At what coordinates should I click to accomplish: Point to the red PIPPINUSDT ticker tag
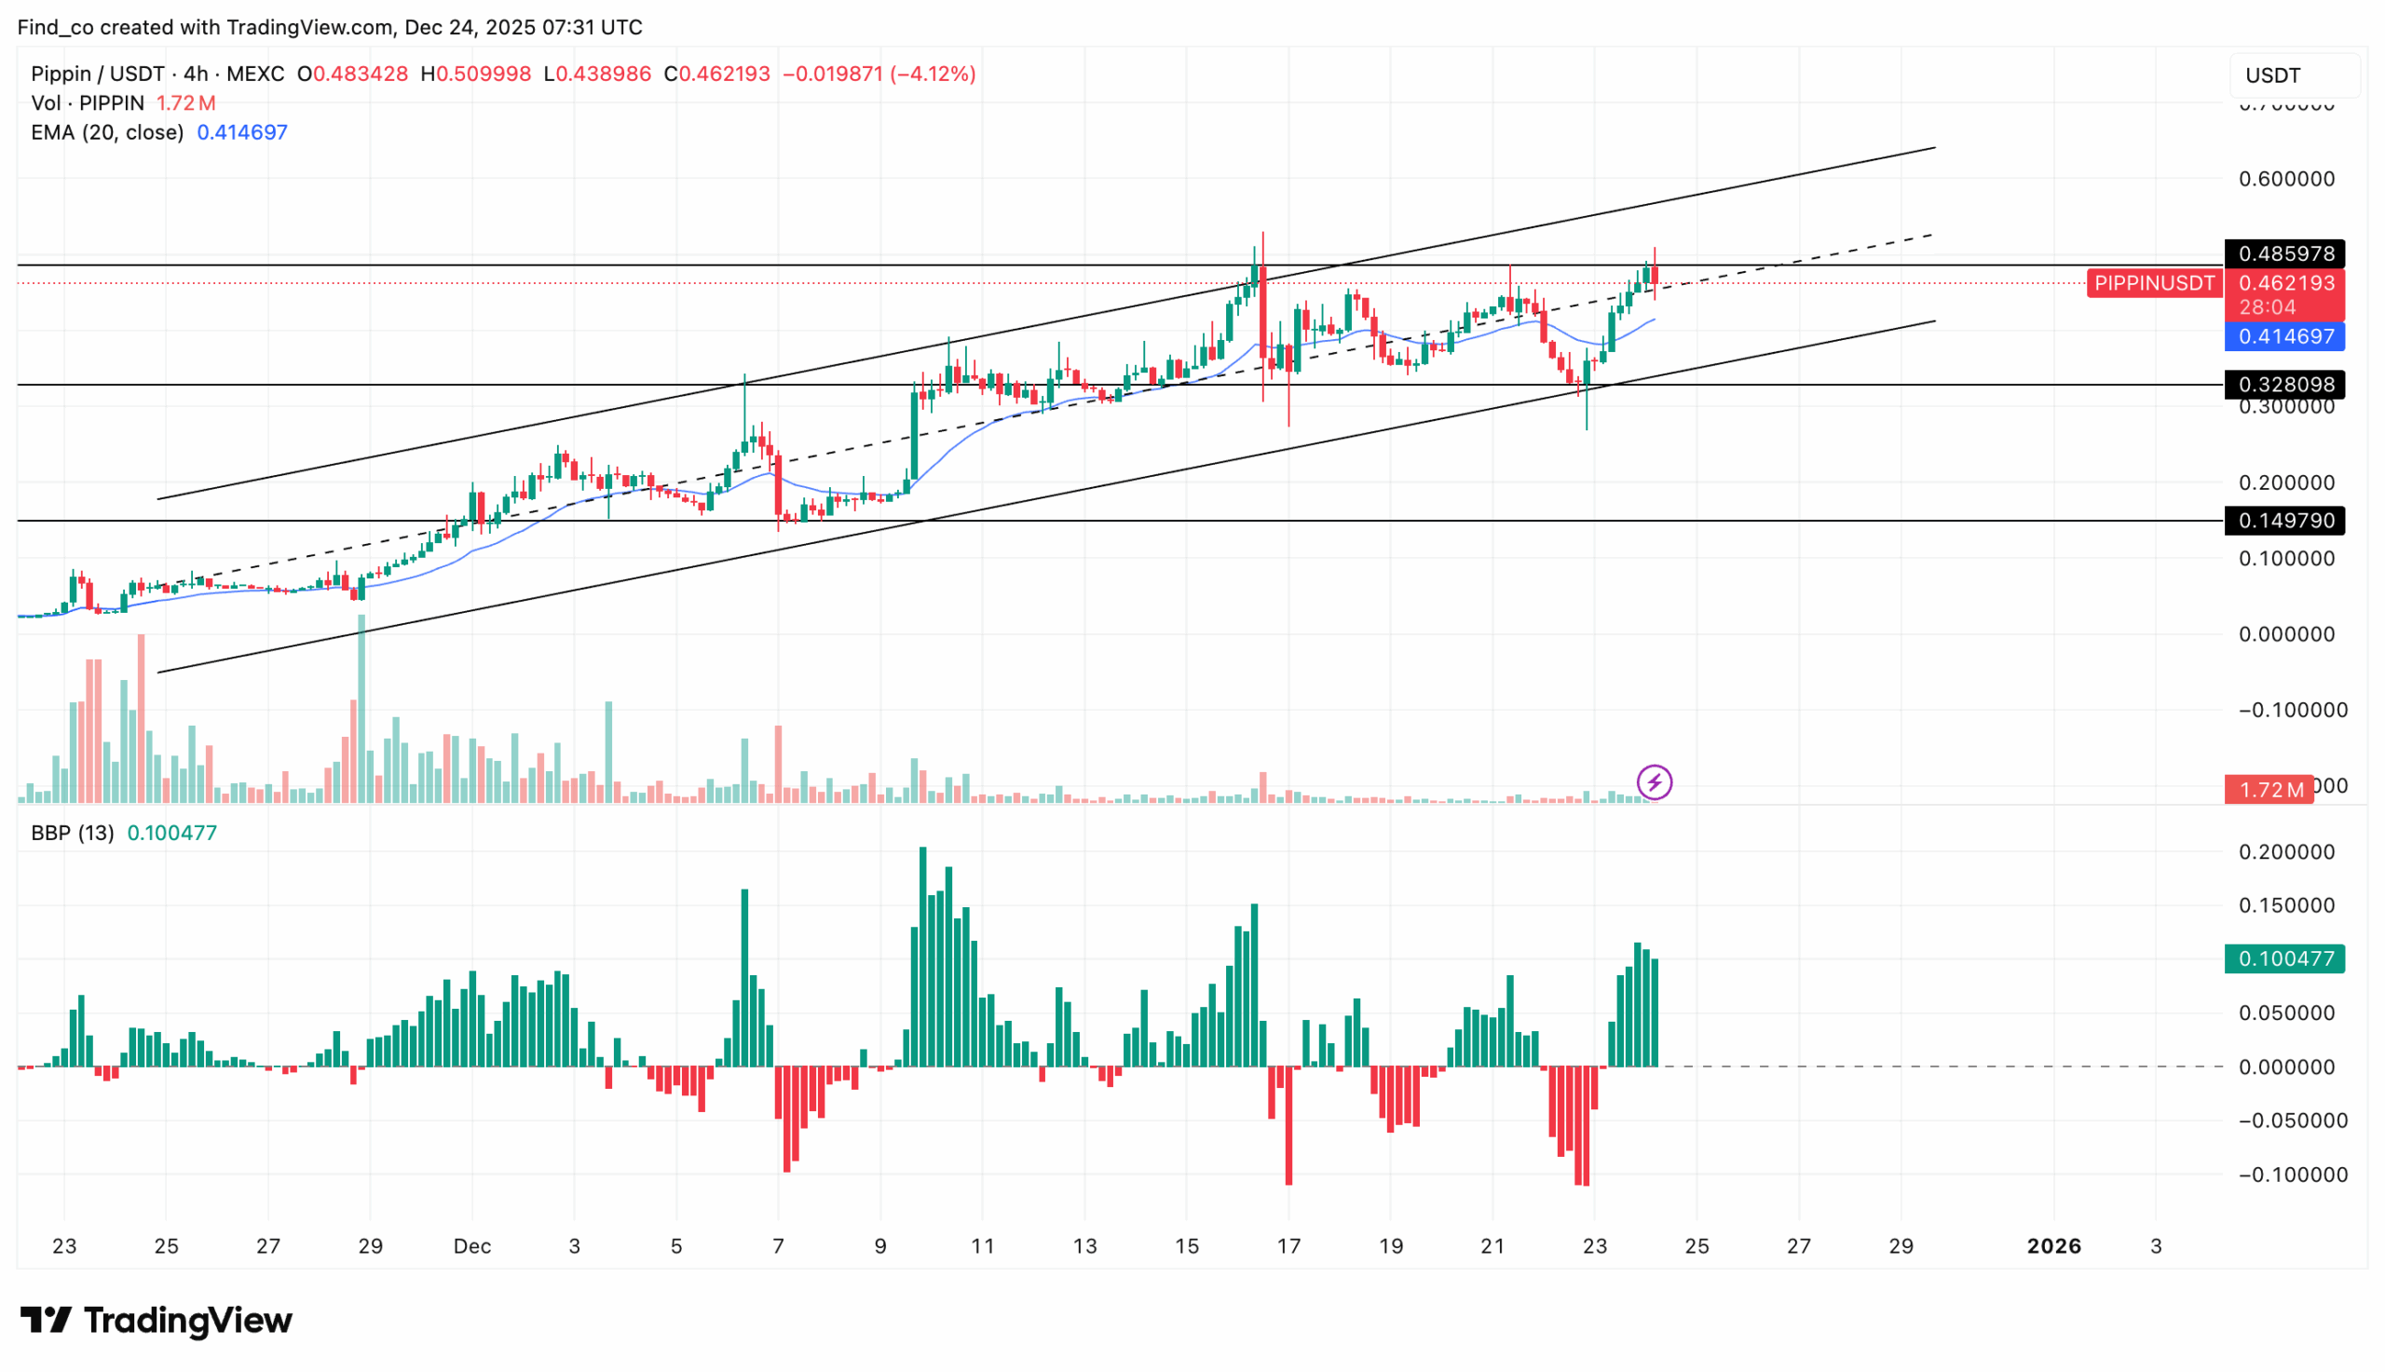(x=2153, y=283)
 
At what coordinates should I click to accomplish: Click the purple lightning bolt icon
(x=1654, y=782)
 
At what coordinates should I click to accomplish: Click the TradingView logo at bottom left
(x=157, y=1320)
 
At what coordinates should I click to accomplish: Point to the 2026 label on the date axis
(x=2053, y=1245)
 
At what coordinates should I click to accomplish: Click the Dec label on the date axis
(x=471, y=1245)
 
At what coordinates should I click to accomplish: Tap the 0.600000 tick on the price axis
(x=2286, y=179)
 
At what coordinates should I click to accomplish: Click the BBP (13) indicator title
(x=72, y=833)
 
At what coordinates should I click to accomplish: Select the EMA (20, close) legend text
(x=106, y=133)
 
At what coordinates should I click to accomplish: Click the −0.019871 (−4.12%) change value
(x=879, y=75)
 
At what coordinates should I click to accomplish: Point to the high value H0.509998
(x=476, y=75)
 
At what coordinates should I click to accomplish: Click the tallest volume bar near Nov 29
(x=361, y=707)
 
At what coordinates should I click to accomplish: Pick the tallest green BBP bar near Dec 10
(x=922, y=957)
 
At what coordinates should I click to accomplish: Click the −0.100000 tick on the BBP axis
(x=2292, y=1175)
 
